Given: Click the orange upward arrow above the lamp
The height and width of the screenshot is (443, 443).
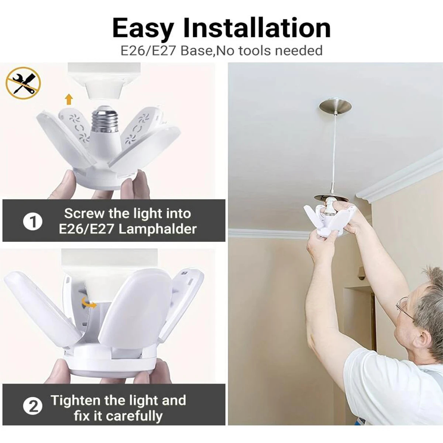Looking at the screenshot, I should click(x=68, y=99).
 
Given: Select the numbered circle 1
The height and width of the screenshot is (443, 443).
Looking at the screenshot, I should click(x=32, y=222).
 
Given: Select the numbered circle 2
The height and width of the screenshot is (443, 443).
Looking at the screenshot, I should click(x=33, y=407).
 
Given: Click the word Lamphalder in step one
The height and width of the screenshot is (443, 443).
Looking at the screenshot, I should click(x=158, y=229).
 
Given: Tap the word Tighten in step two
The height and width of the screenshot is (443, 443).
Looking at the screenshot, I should click(x=75, y=400).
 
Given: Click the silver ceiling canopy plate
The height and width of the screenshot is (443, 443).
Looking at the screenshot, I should click(x=335, y=107).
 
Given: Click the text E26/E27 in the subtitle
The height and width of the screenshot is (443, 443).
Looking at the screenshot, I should click(x=149, y=51).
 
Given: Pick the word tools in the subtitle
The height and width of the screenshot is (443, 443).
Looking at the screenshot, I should click(x=255, y=51).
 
